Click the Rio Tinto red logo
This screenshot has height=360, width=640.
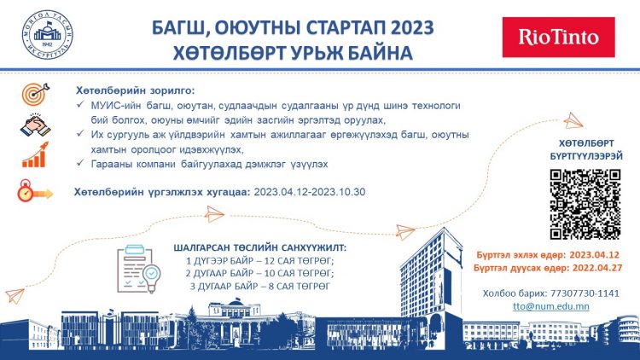tap(558, 38)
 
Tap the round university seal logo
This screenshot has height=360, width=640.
tap(48, 35)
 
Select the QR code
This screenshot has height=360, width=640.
tap(585, 204)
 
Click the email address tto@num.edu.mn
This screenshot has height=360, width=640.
tap(551, 306)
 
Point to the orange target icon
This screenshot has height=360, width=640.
tap(36, 94)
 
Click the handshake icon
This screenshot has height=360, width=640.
tap(36, 125)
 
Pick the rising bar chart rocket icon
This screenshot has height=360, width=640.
tap(35, 154)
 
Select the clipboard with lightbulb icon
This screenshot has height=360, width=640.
tap(139, 269)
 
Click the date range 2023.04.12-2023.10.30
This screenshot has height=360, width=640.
tap(310, 192)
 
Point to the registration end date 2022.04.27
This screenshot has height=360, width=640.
tap(597, 268)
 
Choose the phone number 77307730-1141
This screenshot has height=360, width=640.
tap(585, 293)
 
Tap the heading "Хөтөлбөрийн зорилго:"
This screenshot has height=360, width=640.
tap(136, 90)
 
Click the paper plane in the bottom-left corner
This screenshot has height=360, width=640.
tap(15, 295)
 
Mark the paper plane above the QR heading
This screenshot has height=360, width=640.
tap(573, 120)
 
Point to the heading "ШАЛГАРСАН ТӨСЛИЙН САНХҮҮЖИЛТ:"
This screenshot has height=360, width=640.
tap(260, 247)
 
